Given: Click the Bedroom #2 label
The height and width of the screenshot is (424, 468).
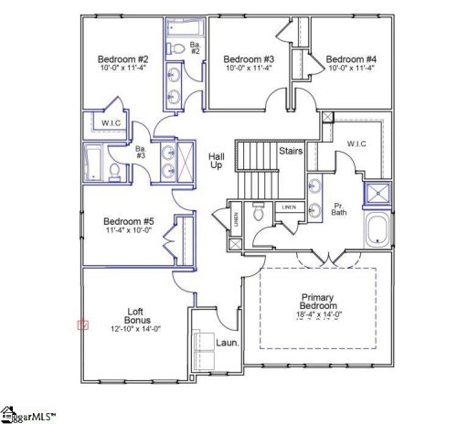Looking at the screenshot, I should pyautogui.click(x=117, y=59).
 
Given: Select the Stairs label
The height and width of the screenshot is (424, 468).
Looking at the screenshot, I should pyautogui.click(x=292, y=151).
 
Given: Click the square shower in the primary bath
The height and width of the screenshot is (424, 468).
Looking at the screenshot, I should pyautogui.click(x=376, y=193).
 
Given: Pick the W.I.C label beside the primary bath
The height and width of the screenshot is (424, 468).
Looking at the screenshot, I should pyautogui.click(x=356, y=143).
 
